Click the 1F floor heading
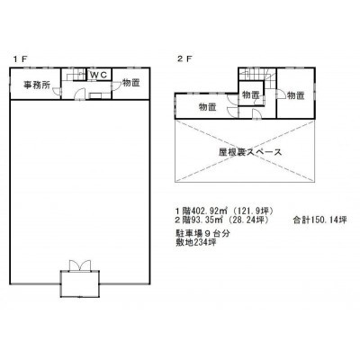click(x=20, y=59)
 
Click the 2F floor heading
click(x=184, y=59)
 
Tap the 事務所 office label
click(x=37, y=85)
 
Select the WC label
click(x=99, y=76)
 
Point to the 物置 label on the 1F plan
click(x=131, y=83)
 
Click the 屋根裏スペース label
click(x=250, y=152)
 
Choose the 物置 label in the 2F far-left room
click(x=208, y=107)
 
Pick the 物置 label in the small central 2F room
click(x=251, y=95)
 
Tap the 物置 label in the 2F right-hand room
click(x=296, y=95)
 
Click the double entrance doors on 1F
click(x=79, y=265)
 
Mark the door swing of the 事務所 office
click(x=57, y=92)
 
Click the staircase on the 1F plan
click(x=76, y=75)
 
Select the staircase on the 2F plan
click(x=257, y=76)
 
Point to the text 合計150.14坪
click(x=319, y=220)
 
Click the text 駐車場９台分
click(x=202, y=234)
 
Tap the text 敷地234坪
click(x=196, y=242)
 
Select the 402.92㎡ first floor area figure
click(x=209, y=211)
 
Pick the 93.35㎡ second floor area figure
click(x=207, y=220)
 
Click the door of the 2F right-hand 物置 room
click(x=280, y=94)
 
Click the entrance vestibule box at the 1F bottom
click(x=79, y=283)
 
